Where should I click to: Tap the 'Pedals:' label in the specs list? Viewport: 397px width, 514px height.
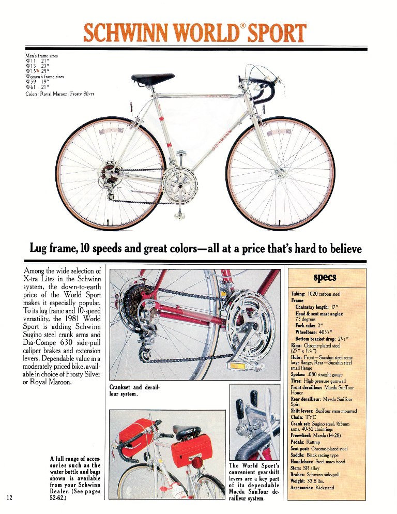299,443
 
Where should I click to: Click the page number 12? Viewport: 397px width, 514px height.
9,498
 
